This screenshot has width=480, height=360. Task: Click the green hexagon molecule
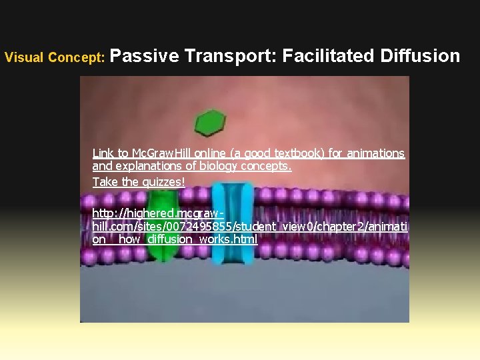click(x=210, y=123)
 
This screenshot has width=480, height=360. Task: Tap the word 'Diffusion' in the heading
click(x=419, y=56)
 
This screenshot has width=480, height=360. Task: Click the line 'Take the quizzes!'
click(x=139, y=182)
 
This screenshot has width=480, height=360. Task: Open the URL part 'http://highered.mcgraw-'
click(x=155, y=213)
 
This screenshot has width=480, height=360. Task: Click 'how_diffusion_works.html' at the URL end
click(x=187, y=239)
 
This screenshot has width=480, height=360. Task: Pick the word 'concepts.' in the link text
click(x=269, y=167)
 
